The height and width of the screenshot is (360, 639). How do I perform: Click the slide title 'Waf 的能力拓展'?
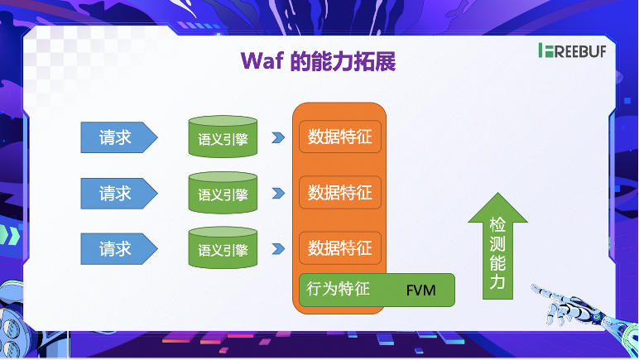(x=320, y=61)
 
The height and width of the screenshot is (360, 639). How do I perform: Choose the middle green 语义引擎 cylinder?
(x=223, y=194)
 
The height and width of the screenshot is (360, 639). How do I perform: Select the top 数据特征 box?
(x=339, y=137)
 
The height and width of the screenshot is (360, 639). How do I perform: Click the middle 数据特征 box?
(x=339, y=193)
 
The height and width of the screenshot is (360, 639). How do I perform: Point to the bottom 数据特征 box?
(x=339, y=247)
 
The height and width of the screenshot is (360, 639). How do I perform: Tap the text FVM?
(x=420, y=291)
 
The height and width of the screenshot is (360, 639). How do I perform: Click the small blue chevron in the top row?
(x=278, y=137)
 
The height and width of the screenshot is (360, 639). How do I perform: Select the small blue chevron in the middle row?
(x=278, y=194)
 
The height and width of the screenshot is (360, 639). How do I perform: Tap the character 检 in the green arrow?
(x=497, y=226)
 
